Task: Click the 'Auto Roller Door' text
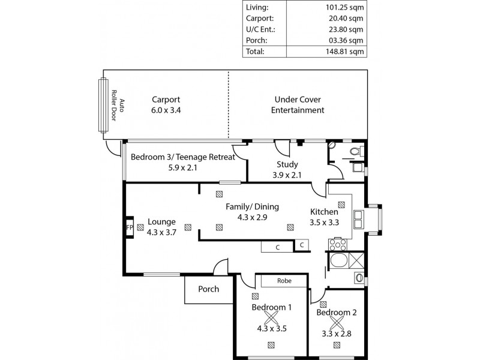(x=118, y=110)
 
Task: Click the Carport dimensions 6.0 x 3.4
(x=166, y=110)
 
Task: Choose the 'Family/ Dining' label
(x=252, y=206)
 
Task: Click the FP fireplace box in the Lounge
(x=129, y=228)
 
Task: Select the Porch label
(x=208, y=289)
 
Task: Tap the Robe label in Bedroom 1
(x=284, y=280)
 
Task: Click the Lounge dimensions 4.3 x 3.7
(x=161, y=233)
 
